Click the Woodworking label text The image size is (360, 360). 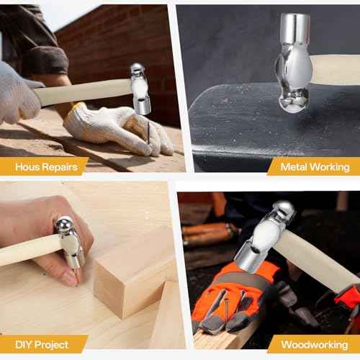[x=315, y=345]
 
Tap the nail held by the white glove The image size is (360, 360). [x=148, y=132]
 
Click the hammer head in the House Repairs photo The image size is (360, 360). [x=140, y=89]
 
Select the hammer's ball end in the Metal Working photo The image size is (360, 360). [x=293, y=101]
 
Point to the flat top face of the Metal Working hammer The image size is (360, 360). [x=295, y=17]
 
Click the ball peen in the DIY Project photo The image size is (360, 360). [x=64, y=225]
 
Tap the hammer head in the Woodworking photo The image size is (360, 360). [x=265, y=237]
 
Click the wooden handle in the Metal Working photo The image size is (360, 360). [x=335, y=70]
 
